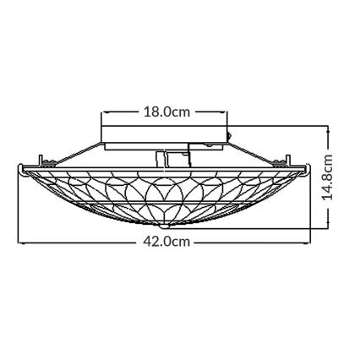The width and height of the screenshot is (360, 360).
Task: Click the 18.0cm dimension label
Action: pyautogui.click(x=165, y=111)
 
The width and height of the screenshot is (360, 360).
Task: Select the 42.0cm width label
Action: pyautogui.click(x=165, y=242)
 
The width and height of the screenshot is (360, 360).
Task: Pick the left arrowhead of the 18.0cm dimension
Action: pyautogui.click(x=104, y=111)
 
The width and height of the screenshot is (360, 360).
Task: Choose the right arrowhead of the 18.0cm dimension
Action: pyautogui.click(x=226, y=111)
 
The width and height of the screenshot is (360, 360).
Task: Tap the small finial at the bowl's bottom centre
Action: pyautogui.click(x=168, y=226)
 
